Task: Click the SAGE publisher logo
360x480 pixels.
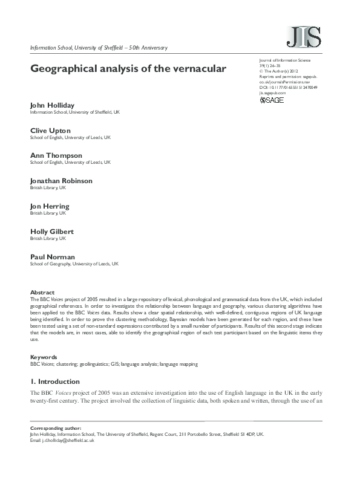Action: [272, 100]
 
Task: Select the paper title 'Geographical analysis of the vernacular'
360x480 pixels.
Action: [128, 68]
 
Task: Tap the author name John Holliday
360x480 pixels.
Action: [54, 105]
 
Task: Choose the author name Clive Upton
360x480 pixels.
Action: [50, 131]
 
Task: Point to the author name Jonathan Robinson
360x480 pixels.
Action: [61, 181]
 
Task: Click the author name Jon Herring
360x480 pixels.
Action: [50, 206]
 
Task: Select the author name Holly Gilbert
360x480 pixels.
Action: [53, 231]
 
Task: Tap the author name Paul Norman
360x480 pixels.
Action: [52, 256]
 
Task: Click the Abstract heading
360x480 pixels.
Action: [42, 292]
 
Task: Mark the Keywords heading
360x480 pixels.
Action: [44, 357]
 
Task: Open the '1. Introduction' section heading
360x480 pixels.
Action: [55, 381]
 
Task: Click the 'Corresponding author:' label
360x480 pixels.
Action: [55, 428]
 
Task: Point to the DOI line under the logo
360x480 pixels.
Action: [288, 88]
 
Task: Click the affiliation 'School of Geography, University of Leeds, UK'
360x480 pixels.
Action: [74, 264]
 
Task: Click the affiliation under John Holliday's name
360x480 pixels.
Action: [75, 112]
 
